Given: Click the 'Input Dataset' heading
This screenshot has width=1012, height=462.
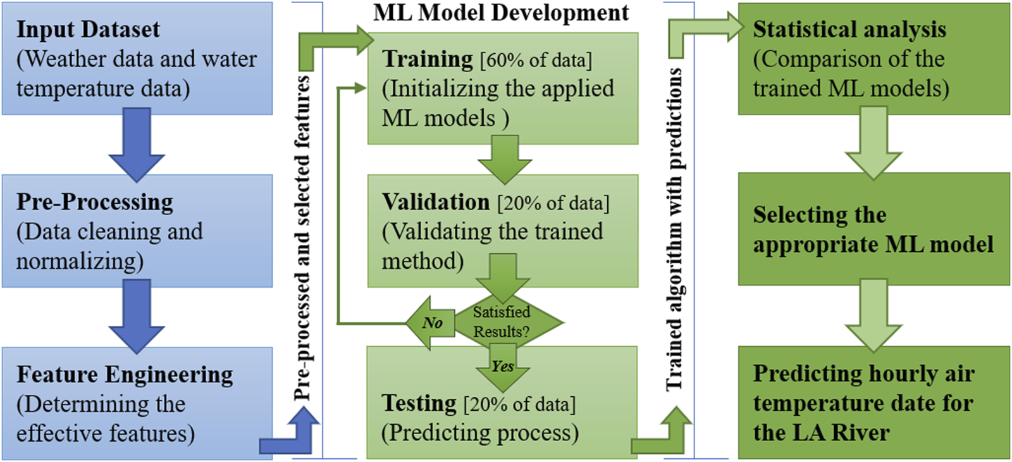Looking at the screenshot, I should (88, 30).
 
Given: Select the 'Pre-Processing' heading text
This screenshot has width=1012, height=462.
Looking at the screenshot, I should (95, 202).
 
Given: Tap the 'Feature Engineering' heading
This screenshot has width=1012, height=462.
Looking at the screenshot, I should (125, 374).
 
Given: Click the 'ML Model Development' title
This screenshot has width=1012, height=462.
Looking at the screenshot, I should (501, 13).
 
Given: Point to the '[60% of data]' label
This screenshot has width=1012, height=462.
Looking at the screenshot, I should (536, 60).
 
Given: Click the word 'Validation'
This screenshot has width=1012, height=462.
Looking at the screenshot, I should (436, 202).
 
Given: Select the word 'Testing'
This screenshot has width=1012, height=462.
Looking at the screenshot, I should (419, 403).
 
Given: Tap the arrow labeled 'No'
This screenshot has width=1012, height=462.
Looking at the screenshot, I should (430, 323).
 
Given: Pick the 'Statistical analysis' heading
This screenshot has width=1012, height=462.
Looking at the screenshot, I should (849, 30).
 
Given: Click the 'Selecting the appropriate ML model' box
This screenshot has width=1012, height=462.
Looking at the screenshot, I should (873, 230).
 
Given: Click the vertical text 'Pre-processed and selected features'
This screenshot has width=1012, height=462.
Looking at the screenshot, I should (302, 237).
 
